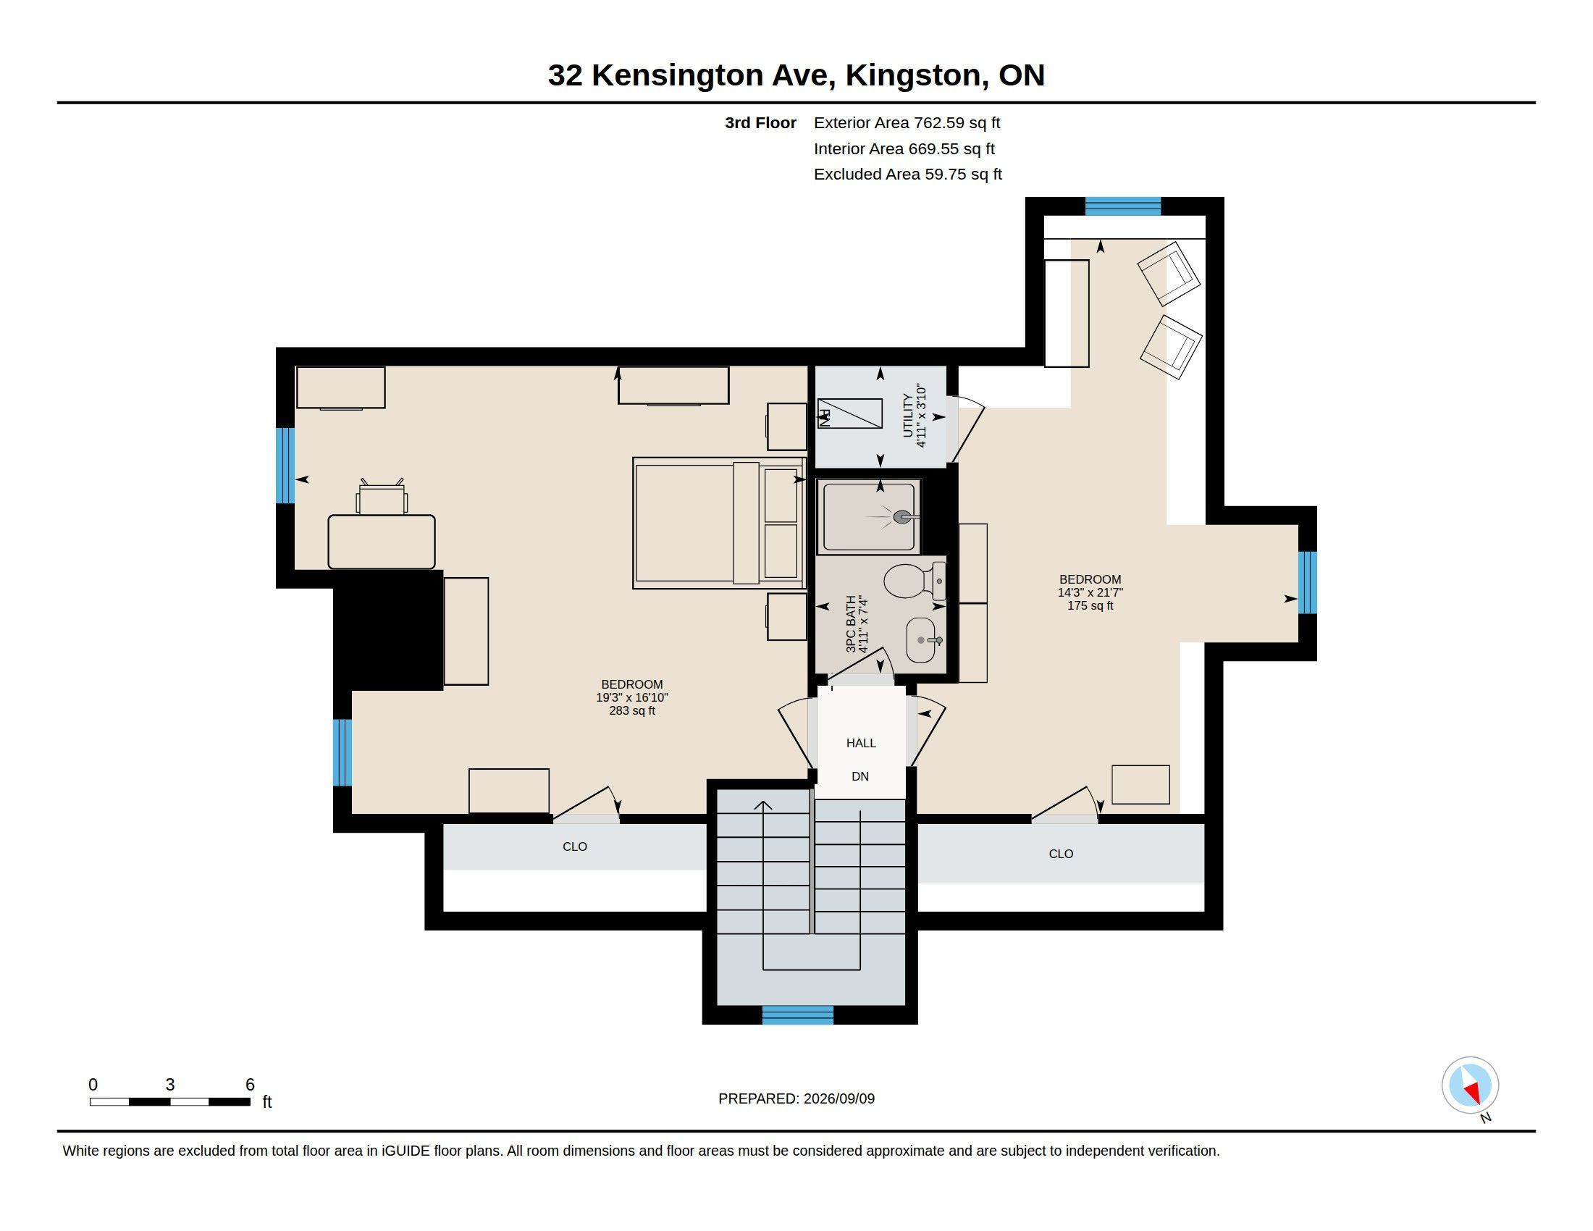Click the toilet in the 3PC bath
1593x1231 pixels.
[x=915, y=581]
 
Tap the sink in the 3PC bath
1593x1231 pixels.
[x=921, y=640]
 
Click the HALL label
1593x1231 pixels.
[x=861, y=743]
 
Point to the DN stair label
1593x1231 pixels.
[x=860, y=777]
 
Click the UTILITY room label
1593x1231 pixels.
[x=907, y=416]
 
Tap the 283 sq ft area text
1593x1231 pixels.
[x=631, y=710]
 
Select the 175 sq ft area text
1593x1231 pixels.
[x=1090, y=605]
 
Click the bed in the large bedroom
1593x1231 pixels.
[x=719, y=523]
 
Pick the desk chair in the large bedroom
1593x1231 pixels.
[x=382, y=497]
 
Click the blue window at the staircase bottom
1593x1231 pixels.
[x=797, y=1014]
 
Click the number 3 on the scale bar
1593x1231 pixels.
[x=170, y=1085]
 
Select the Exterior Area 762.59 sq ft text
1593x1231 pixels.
[x=907, y=122]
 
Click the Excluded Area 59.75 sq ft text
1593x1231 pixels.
[x=907, y=175]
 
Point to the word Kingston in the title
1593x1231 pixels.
[x=912, y=75]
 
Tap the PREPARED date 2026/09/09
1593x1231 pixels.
[x=838, y=1098]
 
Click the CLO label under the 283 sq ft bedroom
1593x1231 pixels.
[x=575, y=846]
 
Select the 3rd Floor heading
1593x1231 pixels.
[x=760, y=122]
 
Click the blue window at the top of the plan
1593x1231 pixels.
[x=1122, y=206]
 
